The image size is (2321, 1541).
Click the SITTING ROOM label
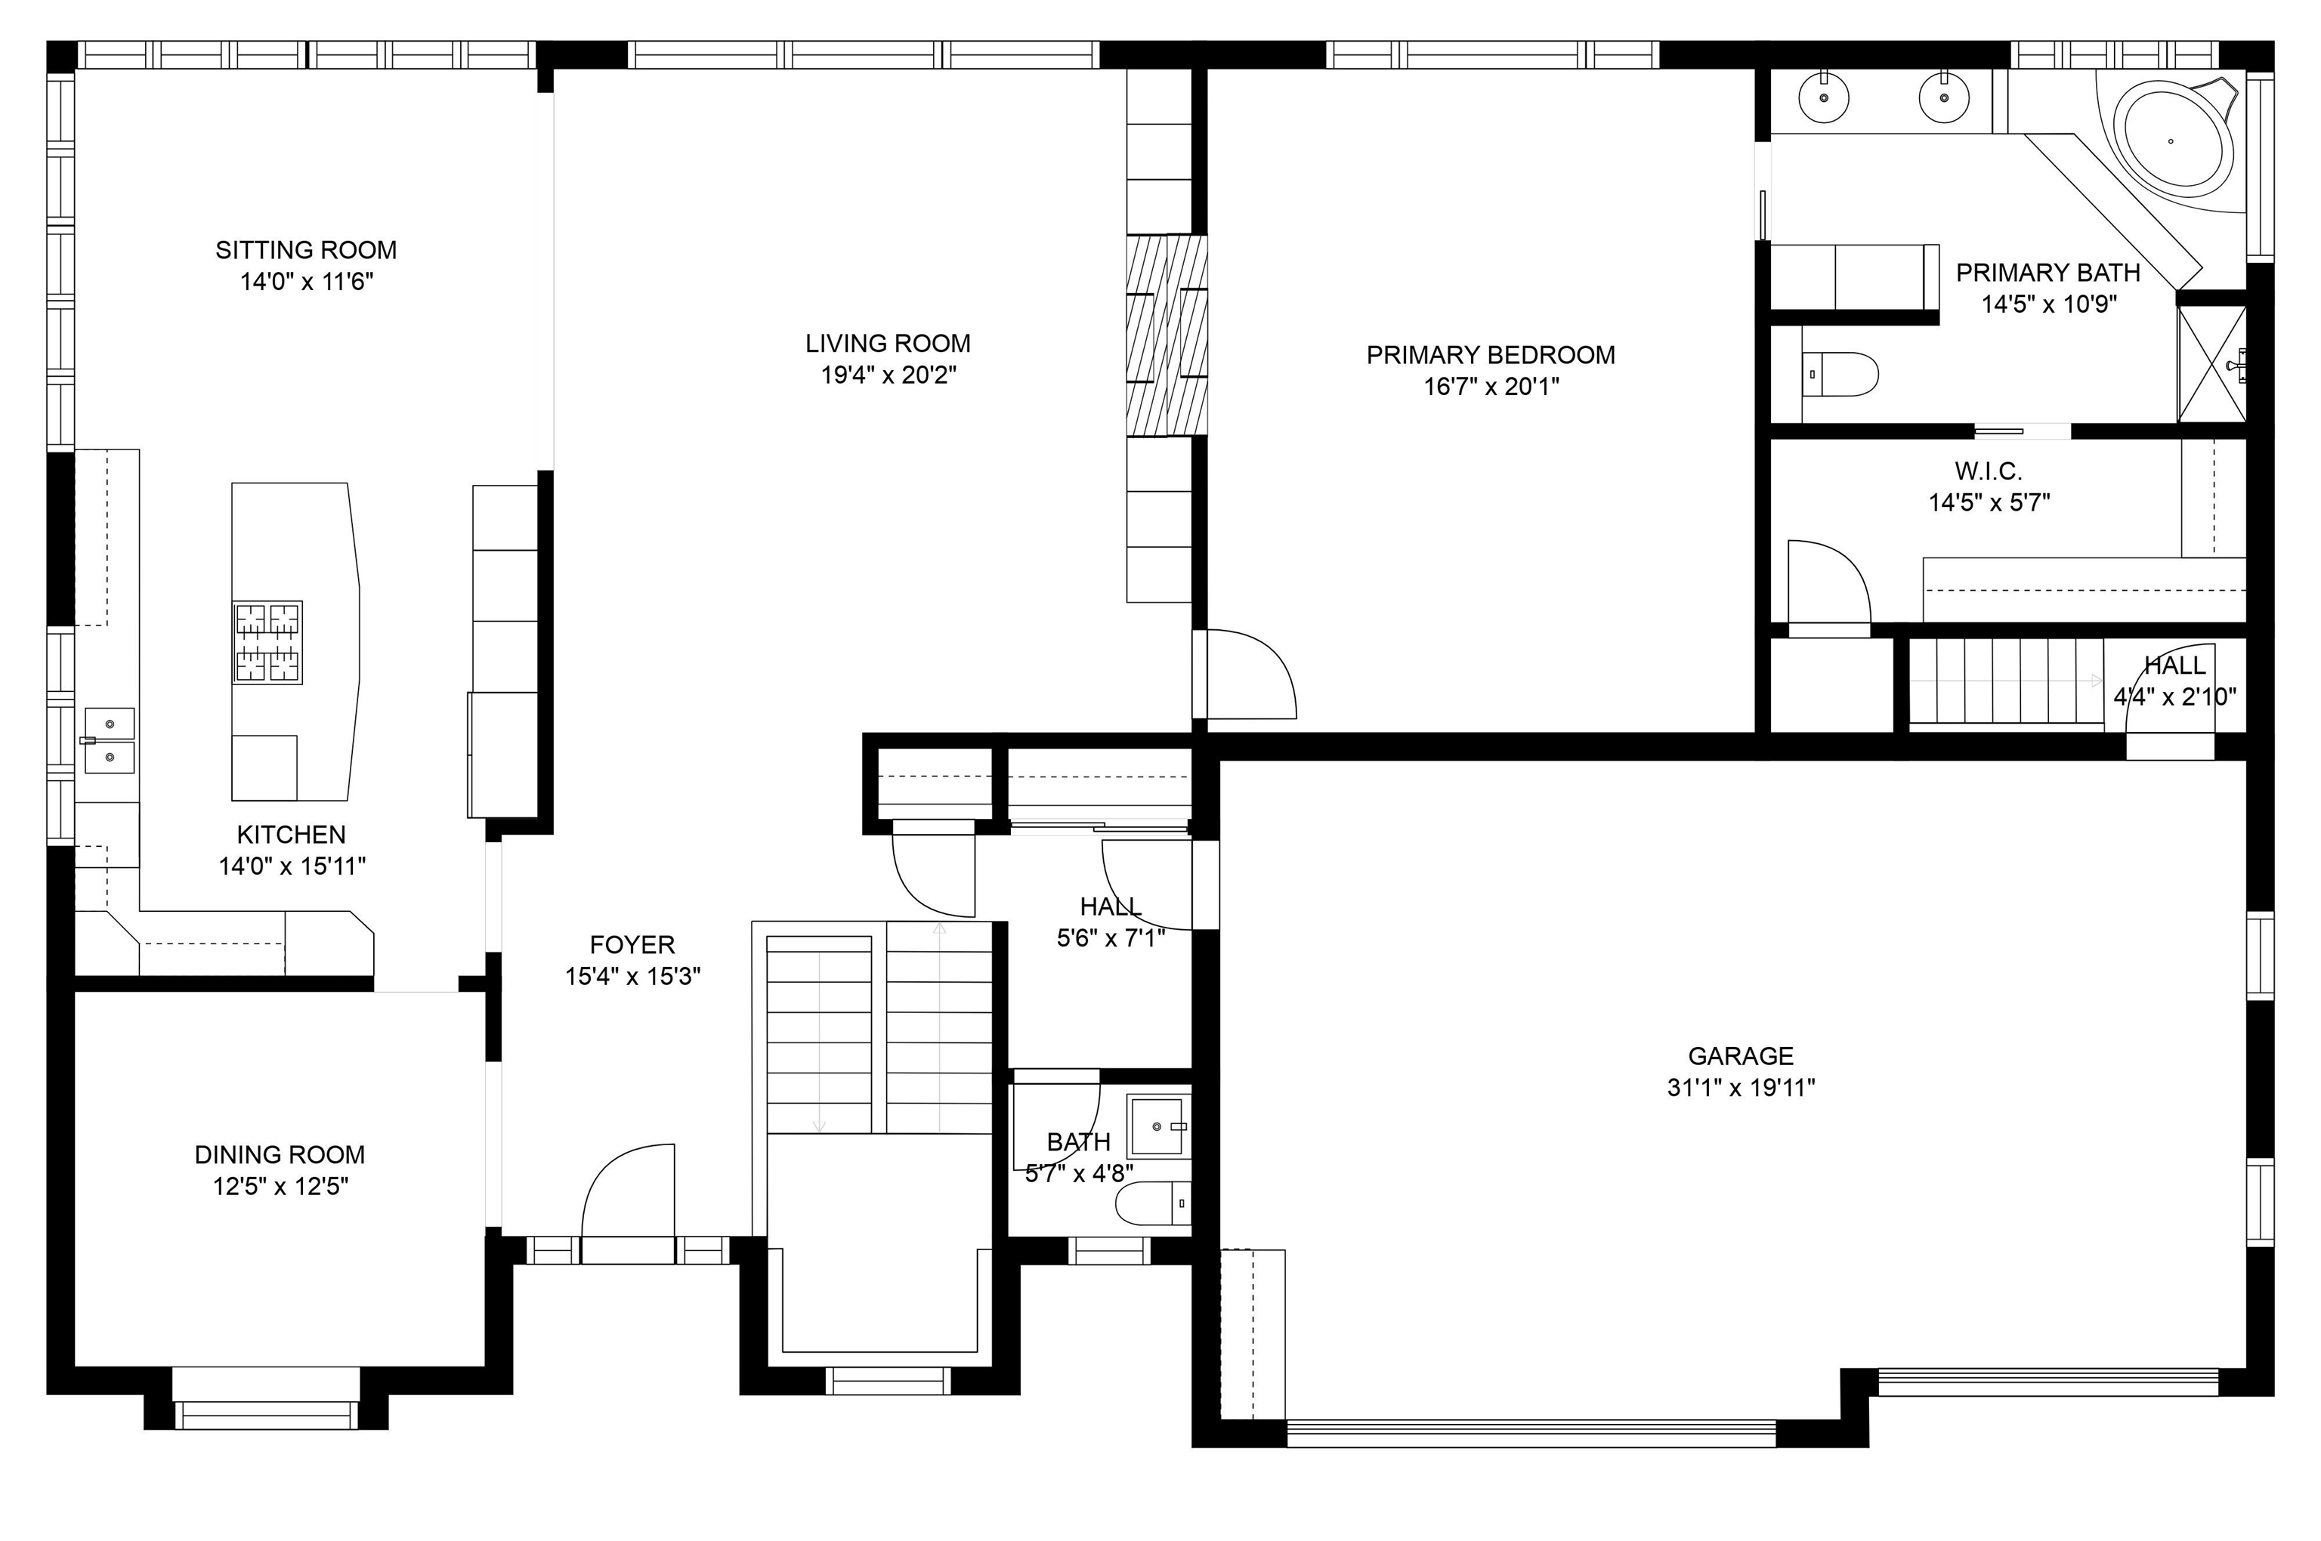click(306, 249)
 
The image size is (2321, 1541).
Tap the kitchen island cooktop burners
click(267, 642)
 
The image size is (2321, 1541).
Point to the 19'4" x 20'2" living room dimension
click(888, 375)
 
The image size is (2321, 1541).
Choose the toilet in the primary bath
click(1838, 375)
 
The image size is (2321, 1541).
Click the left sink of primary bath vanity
click(1824, 99)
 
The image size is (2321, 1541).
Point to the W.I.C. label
click(1988, 471)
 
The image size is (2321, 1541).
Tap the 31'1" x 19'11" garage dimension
click(1740, 1088)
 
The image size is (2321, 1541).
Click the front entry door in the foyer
click(629, 1204)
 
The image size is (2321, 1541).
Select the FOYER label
click(632, 944)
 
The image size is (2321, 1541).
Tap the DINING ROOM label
click(280, 1153)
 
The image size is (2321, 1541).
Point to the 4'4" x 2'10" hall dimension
click(2174, 696)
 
